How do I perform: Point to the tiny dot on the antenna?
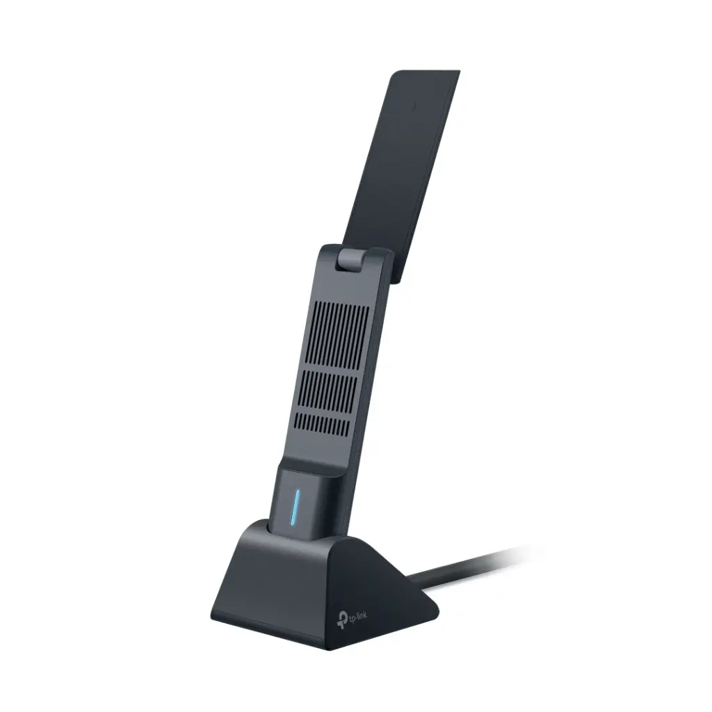[414, 106]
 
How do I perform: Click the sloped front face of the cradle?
[271, 577]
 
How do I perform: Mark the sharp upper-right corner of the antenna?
[459, 71]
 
